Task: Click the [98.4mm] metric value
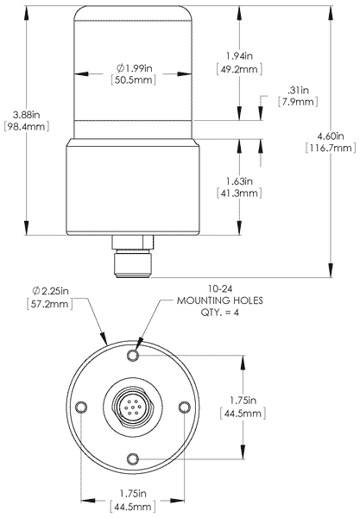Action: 20,126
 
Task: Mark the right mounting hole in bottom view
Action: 183,407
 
